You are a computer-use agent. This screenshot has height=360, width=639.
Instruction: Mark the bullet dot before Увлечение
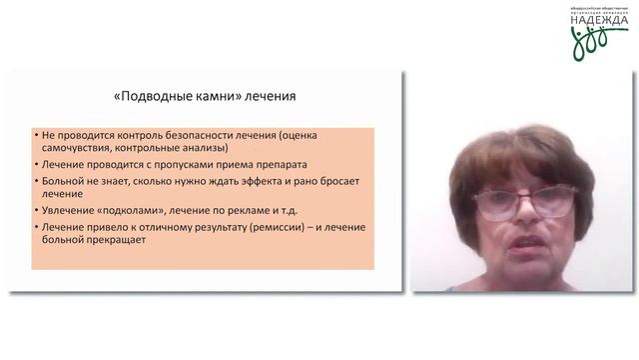tap(35, 212)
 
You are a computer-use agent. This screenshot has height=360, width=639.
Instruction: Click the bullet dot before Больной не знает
tap(35, 182)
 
